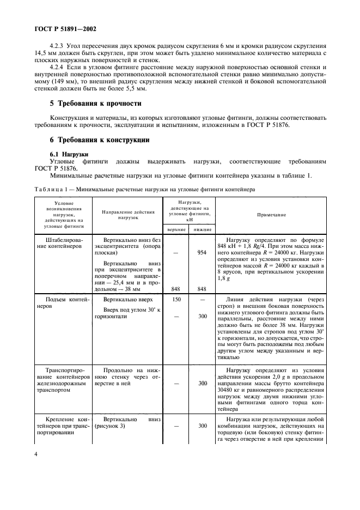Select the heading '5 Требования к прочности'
pos(96,103)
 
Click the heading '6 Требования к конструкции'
pos(100,140)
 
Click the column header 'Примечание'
pos(271,215)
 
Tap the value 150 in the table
pos(175,300)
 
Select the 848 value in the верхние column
pos(175,289)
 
